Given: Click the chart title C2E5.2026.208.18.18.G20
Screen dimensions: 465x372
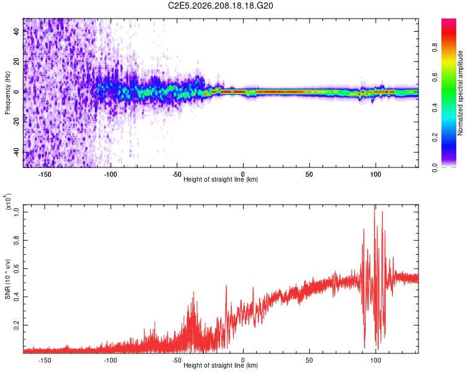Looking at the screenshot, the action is click(x=220, y=6).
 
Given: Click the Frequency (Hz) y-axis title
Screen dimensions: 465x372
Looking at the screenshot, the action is click(x=7, y=93).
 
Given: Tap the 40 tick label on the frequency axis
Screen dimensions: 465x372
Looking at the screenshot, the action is click(x=16, y=31).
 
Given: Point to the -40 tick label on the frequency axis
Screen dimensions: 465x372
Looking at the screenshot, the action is click(x=16, y=153).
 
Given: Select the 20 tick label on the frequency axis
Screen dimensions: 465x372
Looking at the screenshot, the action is click(x=16, y=61).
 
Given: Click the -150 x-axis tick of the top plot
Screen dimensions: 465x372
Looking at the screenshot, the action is click(x=45, y=174).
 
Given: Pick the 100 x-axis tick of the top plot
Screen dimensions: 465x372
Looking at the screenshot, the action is click(x=376, y=174).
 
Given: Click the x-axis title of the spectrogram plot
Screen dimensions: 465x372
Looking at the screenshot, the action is click(x=221, y=179).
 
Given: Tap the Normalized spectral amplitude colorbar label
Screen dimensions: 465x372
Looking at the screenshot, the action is click(x=460, y=93).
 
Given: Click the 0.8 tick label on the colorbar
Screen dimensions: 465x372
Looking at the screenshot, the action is click(x=435, y=48).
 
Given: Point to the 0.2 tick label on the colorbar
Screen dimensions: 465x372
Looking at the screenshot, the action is click(x=435, y=138).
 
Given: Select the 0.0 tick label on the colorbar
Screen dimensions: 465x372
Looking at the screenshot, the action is click(x=435, y=167).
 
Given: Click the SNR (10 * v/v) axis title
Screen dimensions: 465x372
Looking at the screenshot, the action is click(x=7, y=279).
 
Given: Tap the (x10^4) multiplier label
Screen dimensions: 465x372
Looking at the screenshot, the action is click(x=8, y=201).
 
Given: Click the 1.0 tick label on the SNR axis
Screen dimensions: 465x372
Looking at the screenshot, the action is click(x=16, y=212).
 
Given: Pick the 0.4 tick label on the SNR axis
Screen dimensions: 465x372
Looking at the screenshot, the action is click(x=16, y=296).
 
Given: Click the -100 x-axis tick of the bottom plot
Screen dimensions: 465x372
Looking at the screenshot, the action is click(x=110, y=360).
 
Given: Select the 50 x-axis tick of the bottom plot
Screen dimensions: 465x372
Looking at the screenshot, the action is click(x=309, y=360).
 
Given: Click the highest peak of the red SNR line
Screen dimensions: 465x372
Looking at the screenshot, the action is click(x=374, y=206).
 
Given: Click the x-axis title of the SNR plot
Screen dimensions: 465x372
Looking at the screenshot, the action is click(x=221, y=365).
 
